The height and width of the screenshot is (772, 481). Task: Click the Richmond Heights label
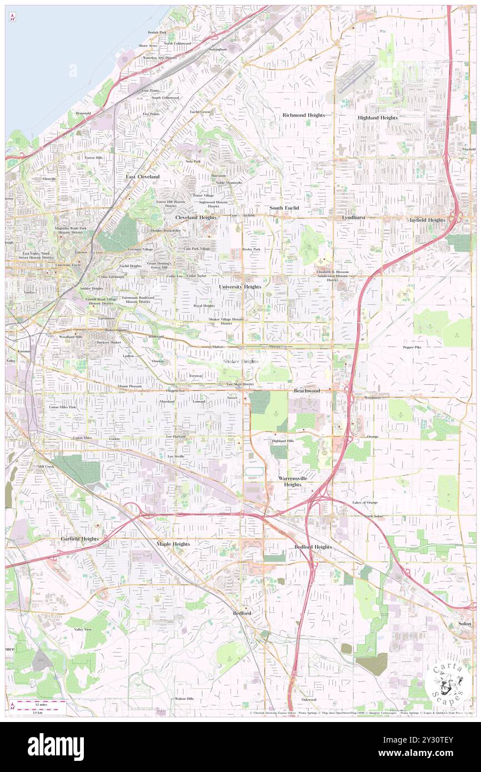point(303,115)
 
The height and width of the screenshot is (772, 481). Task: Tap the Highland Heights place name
point(378,118)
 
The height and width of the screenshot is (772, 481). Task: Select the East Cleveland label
point(142,177)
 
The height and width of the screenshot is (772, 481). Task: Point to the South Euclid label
point(284,208)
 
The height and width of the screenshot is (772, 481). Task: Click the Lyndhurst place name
point(353,217)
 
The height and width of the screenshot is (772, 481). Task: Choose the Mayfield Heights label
point(426,220)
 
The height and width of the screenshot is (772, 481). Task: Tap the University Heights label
point(240,287)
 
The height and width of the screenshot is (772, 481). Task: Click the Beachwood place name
point(307,391)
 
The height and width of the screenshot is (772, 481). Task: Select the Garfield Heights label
point(79,539)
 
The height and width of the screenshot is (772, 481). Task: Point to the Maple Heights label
point(173,544)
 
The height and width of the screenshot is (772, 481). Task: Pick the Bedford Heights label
point(313,547)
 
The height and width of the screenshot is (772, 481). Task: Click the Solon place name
point(465,624)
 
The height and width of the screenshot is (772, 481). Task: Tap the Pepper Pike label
point(412,347)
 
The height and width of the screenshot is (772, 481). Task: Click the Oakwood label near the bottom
point(309,699)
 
